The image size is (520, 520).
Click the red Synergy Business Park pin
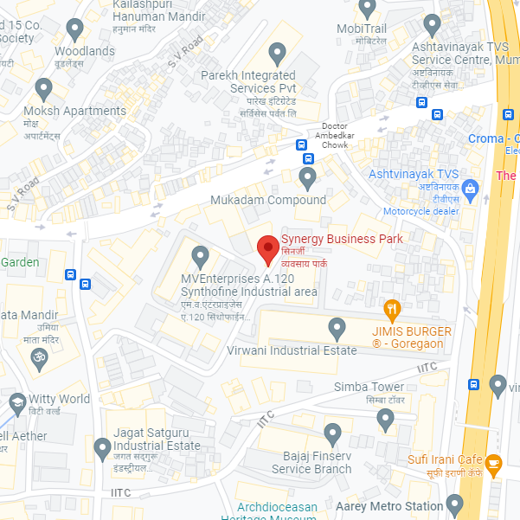pos(268,251)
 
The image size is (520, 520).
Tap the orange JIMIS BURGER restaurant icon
pos(392,307)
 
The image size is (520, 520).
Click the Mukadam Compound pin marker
pos(307,178)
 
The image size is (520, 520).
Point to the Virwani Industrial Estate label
pos(291,350)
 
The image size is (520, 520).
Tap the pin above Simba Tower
pos(387,420)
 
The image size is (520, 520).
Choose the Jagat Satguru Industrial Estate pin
pos(101,446)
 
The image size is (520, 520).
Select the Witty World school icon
pos(17,401)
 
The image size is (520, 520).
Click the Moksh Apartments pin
pos(44,88)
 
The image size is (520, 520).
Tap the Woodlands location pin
pos(75,29)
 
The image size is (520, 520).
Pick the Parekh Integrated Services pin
pos(278,54)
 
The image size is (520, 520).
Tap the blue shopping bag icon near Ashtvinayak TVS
pos(470,188)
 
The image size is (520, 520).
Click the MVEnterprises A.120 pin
pos(200,256)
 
